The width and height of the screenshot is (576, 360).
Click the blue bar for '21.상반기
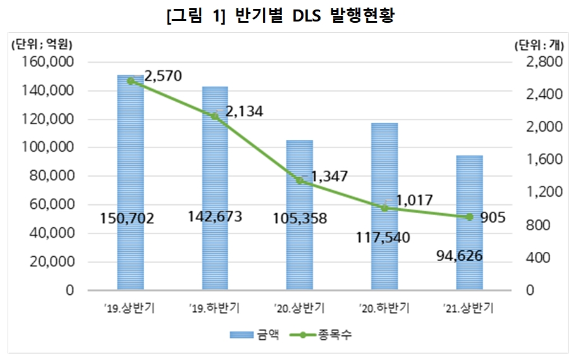[x=469, y=202]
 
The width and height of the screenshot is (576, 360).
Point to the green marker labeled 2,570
[x=131, y=81]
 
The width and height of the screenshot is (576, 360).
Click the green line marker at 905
[x=469, y=217]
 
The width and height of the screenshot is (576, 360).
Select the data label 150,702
[x=127, y=219]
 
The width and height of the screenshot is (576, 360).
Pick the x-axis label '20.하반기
[x=384, y=308]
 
